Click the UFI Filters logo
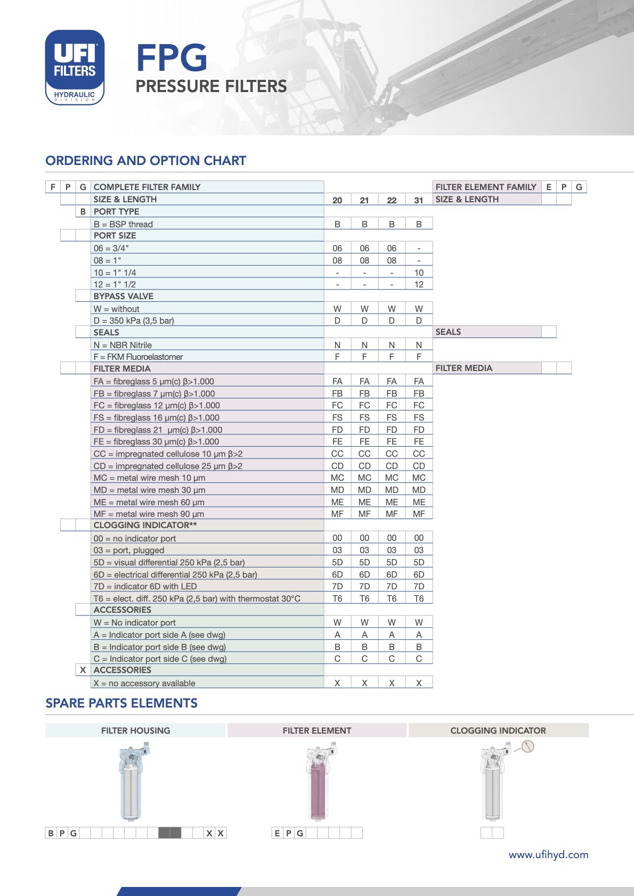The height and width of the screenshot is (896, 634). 75,67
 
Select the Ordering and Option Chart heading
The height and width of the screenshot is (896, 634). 145,161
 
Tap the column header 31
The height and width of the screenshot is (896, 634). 419,200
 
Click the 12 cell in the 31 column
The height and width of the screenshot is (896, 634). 419,284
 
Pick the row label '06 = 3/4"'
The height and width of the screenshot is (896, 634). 111,248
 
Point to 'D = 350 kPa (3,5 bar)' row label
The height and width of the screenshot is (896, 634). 134,320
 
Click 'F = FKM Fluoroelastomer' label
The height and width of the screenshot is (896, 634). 138,357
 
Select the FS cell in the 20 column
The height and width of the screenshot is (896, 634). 337,417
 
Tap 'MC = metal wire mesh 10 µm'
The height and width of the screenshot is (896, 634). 149,478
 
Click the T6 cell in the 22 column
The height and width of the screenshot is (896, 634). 392,598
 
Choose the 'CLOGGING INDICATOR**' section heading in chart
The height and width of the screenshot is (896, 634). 145,525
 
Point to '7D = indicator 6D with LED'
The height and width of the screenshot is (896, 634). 145,586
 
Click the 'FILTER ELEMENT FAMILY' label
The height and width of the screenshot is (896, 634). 485,187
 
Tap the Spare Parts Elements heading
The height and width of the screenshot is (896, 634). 121,703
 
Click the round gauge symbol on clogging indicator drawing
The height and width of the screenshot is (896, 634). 527,746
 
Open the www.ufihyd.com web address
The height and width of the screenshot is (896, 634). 548,854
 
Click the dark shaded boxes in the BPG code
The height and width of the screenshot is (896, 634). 170,833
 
